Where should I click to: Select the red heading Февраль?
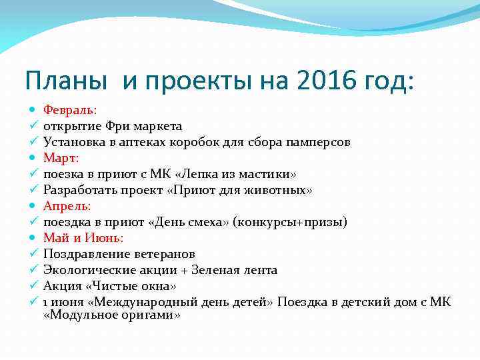(70, 109)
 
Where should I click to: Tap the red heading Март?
(61, 157)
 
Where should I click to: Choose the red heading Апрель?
(67, 206)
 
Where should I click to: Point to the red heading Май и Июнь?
(83, 238)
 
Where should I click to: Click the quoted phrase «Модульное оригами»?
(111, 315)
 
